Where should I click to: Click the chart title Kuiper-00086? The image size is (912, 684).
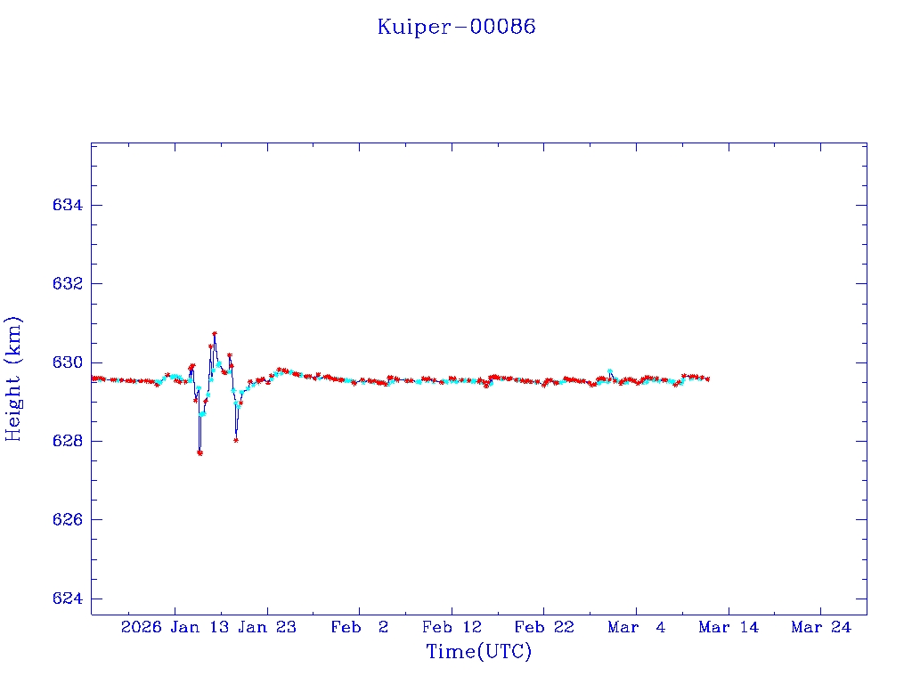pyautogui.click(x=456, y=27)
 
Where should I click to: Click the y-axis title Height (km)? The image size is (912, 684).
pyautogui.click(x=14, y=379)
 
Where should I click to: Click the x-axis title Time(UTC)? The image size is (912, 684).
pyautogui.click(x=478, y=652)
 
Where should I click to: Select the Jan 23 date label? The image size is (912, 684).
pyautogui.click(x=267, y=628)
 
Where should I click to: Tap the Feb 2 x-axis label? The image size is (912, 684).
pyautogui.click(x=359, y=628)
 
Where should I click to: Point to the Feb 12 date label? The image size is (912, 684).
pyautogui.click(x=452, y=628)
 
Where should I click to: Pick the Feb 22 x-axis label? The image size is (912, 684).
pyautogui.click(x=544, y=628)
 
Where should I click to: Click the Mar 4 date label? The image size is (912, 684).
pyautogui.click(x=636, y=628)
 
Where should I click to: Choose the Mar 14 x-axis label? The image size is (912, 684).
pyautogui.click(x=729, y=628)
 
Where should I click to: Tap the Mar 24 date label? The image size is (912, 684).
pyautogui.click(x=821, y=628)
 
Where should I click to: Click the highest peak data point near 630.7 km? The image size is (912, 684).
pyautogui.click(x=215, y=334)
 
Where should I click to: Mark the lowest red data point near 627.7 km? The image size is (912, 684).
pyautogui.click(x=199, y=452)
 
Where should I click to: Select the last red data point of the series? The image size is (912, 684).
pyautogui.click(x=707, y=379)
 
